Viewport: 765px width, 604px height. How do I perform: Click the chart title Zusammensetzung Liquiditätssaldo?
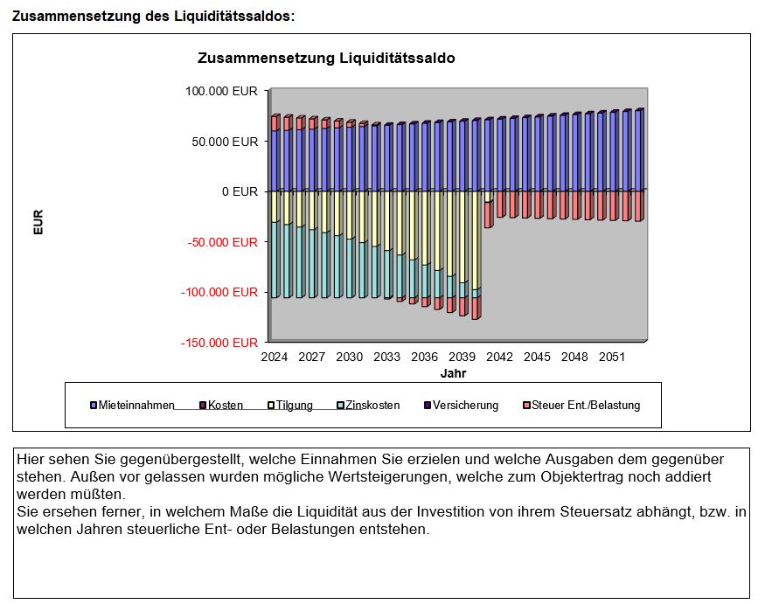tap(327, 59)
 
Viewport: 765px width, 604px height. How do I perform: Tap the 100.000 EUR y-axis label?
tap(221, 91)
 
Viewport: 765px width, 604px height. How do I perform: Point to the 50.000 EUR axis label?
tap(225, 141)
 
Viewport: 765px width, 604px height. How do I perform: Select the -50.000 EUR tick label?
tap(222, 241)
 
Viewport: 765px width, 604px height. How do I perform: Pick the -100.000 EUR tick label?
tap(219, 292)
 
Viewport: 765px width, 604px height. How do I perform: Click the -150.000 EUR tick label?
tap(219, 343)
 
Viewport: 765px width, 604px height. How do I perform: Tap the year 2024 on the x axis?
tap(275, 358)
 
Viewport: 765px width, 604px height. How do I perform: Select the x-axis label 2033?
tap(387, 358)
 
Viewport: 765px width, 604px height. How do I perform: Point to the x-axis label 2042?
tap(499, 358)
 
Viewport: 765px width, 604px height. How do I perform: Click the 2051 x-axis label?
tap(612, 358)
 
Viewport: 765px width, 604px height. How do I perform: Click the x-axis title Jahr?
tap(453, 373)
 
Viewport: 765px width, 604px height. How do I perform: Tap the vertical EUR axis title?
tap(38, 222)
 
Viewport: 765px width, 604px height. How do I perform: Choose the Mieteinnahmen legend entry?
tap(136, 406)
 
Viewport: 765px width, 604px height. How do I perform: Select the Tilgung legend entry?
tap(294, 406)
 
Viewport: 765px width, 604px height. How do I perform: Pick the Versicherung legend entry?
tap(465, 406)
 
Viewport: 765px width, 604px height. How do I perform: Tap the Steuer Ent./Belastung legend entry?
tap(586, 406)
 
